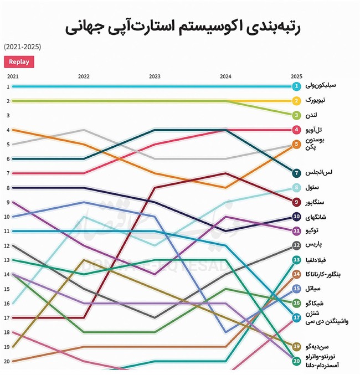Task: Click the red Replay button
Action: click(x=19, y=62)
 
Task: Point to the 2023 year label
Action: click(x=155, y=76)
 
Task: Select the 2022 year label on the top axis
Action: click(x=84, y=76)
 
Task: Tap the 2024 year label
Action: click(x=225, y=76)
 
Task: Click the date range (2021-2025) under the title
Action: click(x=22, y=47)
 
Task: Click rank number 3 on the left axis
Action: click(x=8, y=115)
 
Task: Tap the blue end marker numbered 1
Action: click(x=297, y=86)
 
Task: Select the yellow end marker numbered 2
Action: click(x=297, y=101)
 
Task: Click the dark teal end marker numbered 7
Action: click(x=297, y=173)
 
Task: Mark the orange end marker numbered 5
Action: click(x=297, y=144)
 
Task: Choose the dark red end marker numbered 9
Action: click(x=297, y=202)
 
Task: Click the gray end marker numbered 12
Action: click(x=297, y=245)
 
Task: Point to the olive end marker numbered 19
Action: click(x=297, y=346)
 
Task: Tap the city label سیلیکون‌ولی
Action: click(x=321, y=86)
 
